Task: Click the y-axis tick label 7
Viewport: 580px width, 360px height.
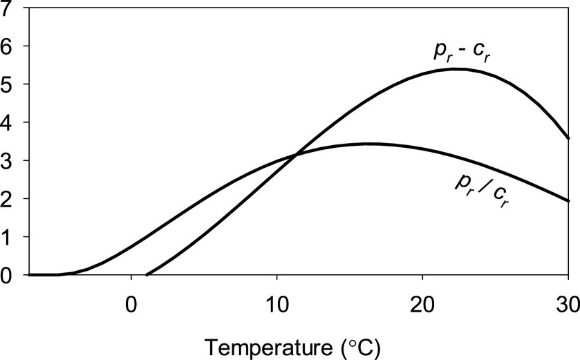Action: pos(8,9)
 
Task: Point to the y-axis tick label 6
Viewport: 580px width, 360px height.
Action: pos(8,46)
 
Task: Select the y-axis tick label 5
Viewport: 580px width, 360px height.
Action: pos(8,84)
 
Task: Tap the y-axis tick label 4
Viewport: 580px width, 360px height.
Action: pos(8,123)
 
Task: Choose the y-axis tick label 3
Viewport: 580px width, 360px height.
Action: pos(8,161)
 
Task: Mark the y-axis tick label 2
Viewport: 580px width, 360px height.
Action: pos(8,199)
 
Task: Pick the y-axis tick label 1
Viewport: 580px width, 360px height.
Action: pos(8,237)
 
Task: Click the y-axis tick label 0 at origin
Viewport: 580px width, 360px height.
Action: pos(8,275)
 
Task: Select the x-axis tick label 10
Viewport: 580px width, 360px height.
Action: pos(277,305)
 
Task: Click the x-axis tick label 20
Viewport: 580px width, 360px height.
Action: pos(422,305)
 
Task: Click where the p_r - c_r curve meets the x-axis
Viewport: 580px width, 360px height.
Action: pos(147,274)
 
